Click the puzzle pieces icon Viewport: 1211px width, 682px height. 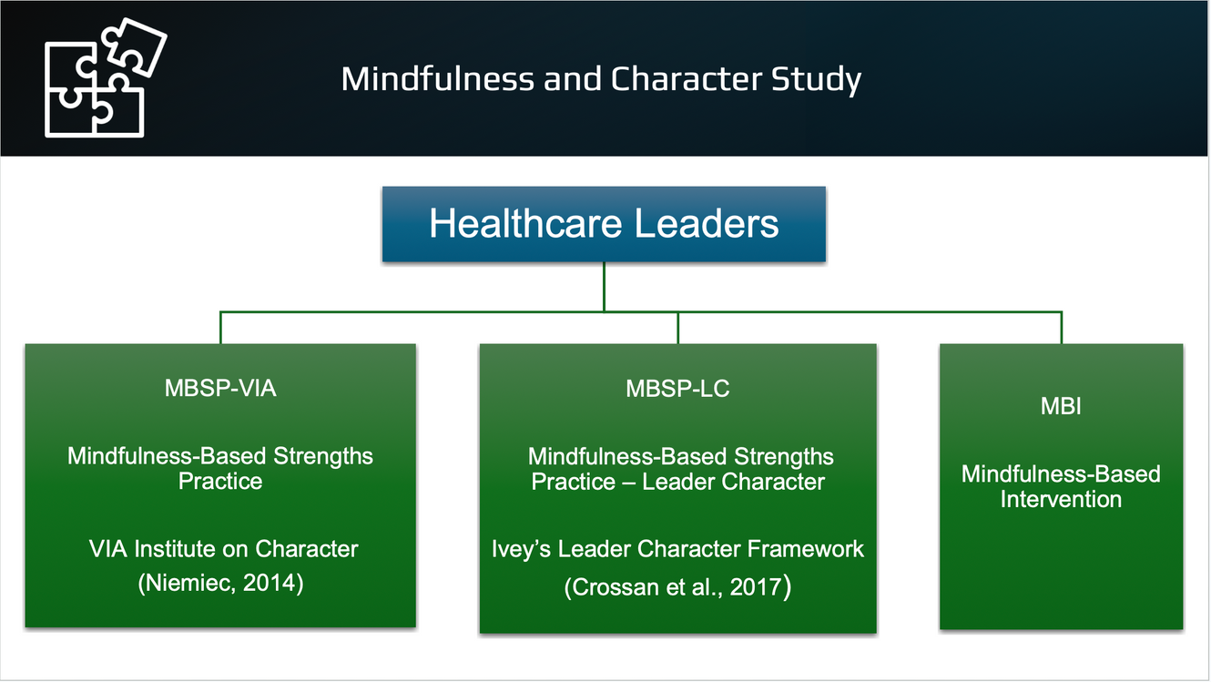pyautogui.click(x=106, y=78)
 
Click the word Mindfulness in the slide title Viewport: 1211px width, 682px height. pyautogui.click(x=438, y=79)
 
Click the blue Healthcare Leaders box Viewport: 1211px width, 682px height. pyautogui.click(x=604, y=224)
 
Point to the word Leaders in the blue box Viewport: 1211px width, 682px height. pyautogui.click(x=706, y=223)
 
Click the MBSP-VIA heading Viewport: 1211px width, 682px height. pyautogui.click(x=220, y=388)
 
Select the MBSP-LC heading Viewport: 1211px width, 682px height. pyautogui.click(x=677, y=389)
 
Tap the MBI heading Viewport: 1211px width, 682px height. pyautogui.click(x=1061, y=406)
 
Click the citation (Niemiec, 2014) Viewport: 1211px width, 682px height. pyautogui.click(x=220, y=583)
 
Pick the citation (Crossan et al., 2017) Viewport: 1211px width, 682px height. pyautogui.click(x=677, y=587)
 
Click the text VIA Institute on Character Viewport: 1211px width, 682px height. pyautogui.click(x=223, y=549)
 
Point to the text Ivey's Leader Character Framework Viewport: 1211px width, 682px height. pyautogui.click(x=677, y=549)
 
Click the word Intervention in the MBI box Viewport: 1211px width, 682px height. pyautogui.click(x=1061, y=499)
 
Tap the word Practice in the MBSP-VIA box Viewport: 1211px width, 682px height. pyautogui.click(x=220, y=482)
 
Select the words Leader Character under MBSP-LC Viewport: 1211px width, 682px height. pyautogui.click(x=733, y=482)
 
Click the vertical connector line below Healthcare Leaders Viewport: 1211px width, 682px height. pyautogui.click(x=604, y=287)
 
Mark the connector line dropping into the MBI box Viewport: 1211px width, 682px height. pyautogui.click(x=1062, y=328)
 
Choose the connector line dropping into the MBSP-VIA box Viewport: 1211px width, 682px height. pyautogui.click(x=220, y=328)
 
